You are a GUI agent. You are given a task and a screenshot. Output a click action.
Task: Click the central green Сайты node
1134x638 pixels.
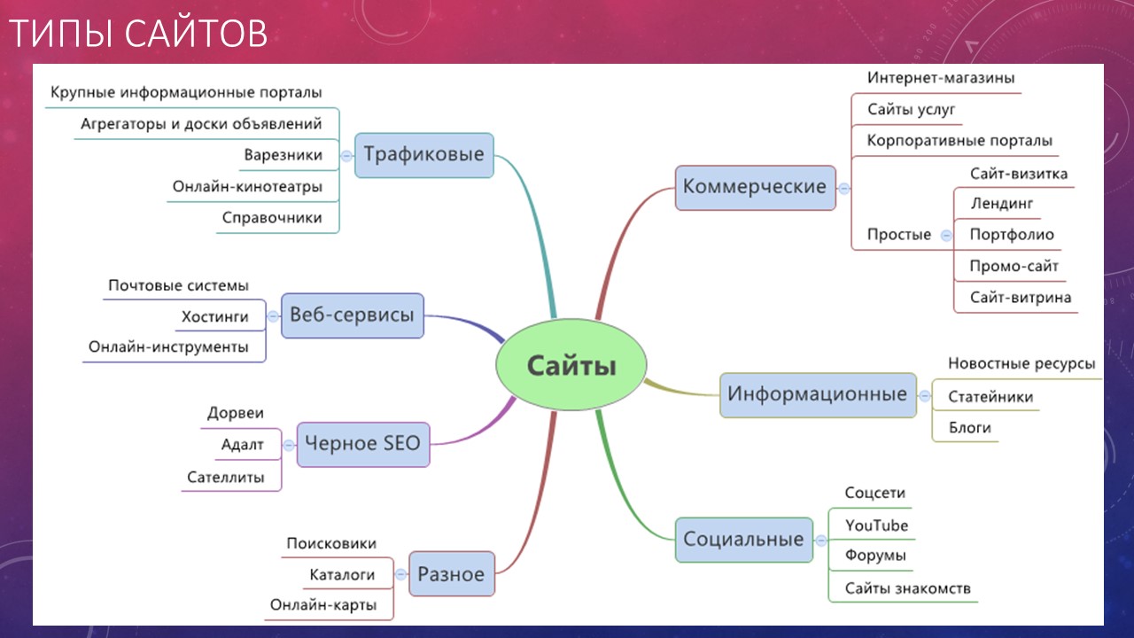point(571,364)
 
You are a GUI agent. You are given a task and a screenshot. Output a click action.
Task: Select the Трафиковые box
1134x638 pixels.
point(424,155)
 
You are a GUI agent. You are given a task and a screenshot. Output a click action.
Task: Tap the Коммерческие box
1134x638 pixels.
point(755,187)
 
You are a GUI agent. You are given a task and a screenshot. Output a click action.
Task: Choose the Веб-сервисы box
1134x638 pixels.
point(353,315)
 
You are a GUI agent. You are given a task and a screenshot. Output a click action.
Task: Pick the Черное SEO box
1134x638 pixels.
point(363,444)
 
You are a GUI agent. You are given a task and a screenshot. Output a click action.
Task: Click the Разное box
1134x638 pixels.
point(452,573)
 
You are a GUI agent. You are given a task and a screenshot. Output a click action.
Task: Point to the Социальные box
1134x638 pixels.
point(744,540)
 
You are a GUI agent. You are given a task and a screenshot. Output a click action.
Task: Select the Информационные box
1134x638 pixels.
point(818,395)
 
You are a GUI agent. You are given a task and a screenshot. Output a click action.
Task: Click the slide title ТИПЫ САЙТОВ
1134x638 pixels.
point(138,34)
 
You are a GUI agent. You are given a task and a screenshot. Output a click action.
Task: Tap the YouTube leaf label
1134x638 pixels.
point(876,525)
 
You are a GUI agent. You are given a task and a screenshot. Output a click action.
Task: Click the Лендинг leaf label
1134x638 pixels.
point(1001,204)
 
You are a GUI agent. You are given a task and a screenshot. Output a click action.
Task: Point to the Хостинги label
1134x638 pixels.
point(215,317)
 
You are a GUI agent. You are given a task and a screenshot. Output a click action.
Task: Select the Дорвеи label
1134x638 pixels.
point(236,413)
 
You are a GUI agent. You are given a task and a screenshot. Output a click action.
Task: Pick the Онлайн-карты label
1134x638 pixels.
point(323,605)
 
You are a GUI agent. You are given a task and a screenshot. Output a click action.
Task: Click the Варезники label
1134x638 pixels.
point(283,155)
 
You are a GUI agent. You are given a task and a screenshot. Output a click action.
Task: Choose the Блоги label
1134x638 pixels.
point(969,428)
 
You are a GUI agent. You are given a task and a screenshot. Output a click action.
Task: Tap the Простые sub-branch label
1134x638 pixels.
point(899,235)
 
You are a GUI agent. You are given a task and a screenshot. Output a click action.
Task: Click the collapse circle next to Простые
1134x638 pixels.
point(946,236)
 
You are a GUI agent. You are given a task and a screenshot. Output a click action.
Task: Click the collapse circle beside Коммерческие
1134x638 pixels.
point(844,189)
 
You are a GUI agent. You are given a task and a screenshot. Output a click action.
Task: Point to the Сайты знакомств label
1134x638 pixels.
point(908,588)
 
